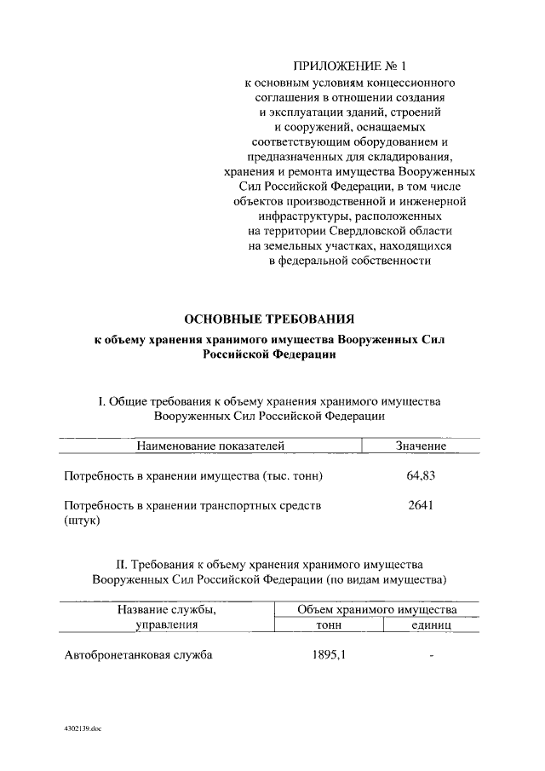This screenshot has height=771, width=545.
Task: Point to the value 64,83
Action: (421, 475)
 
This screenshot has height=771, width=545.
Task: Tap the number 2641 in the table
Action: (421, 505)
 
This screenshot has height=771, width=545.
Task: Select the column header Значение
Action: (421, 446)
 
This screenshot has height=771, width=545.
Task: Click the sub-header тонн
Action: (328, 624)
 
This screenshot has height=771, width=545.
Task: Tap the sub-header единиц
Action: (431, 624)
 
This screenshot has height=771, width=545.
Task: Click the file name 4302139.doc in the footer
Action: (82, 730)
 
